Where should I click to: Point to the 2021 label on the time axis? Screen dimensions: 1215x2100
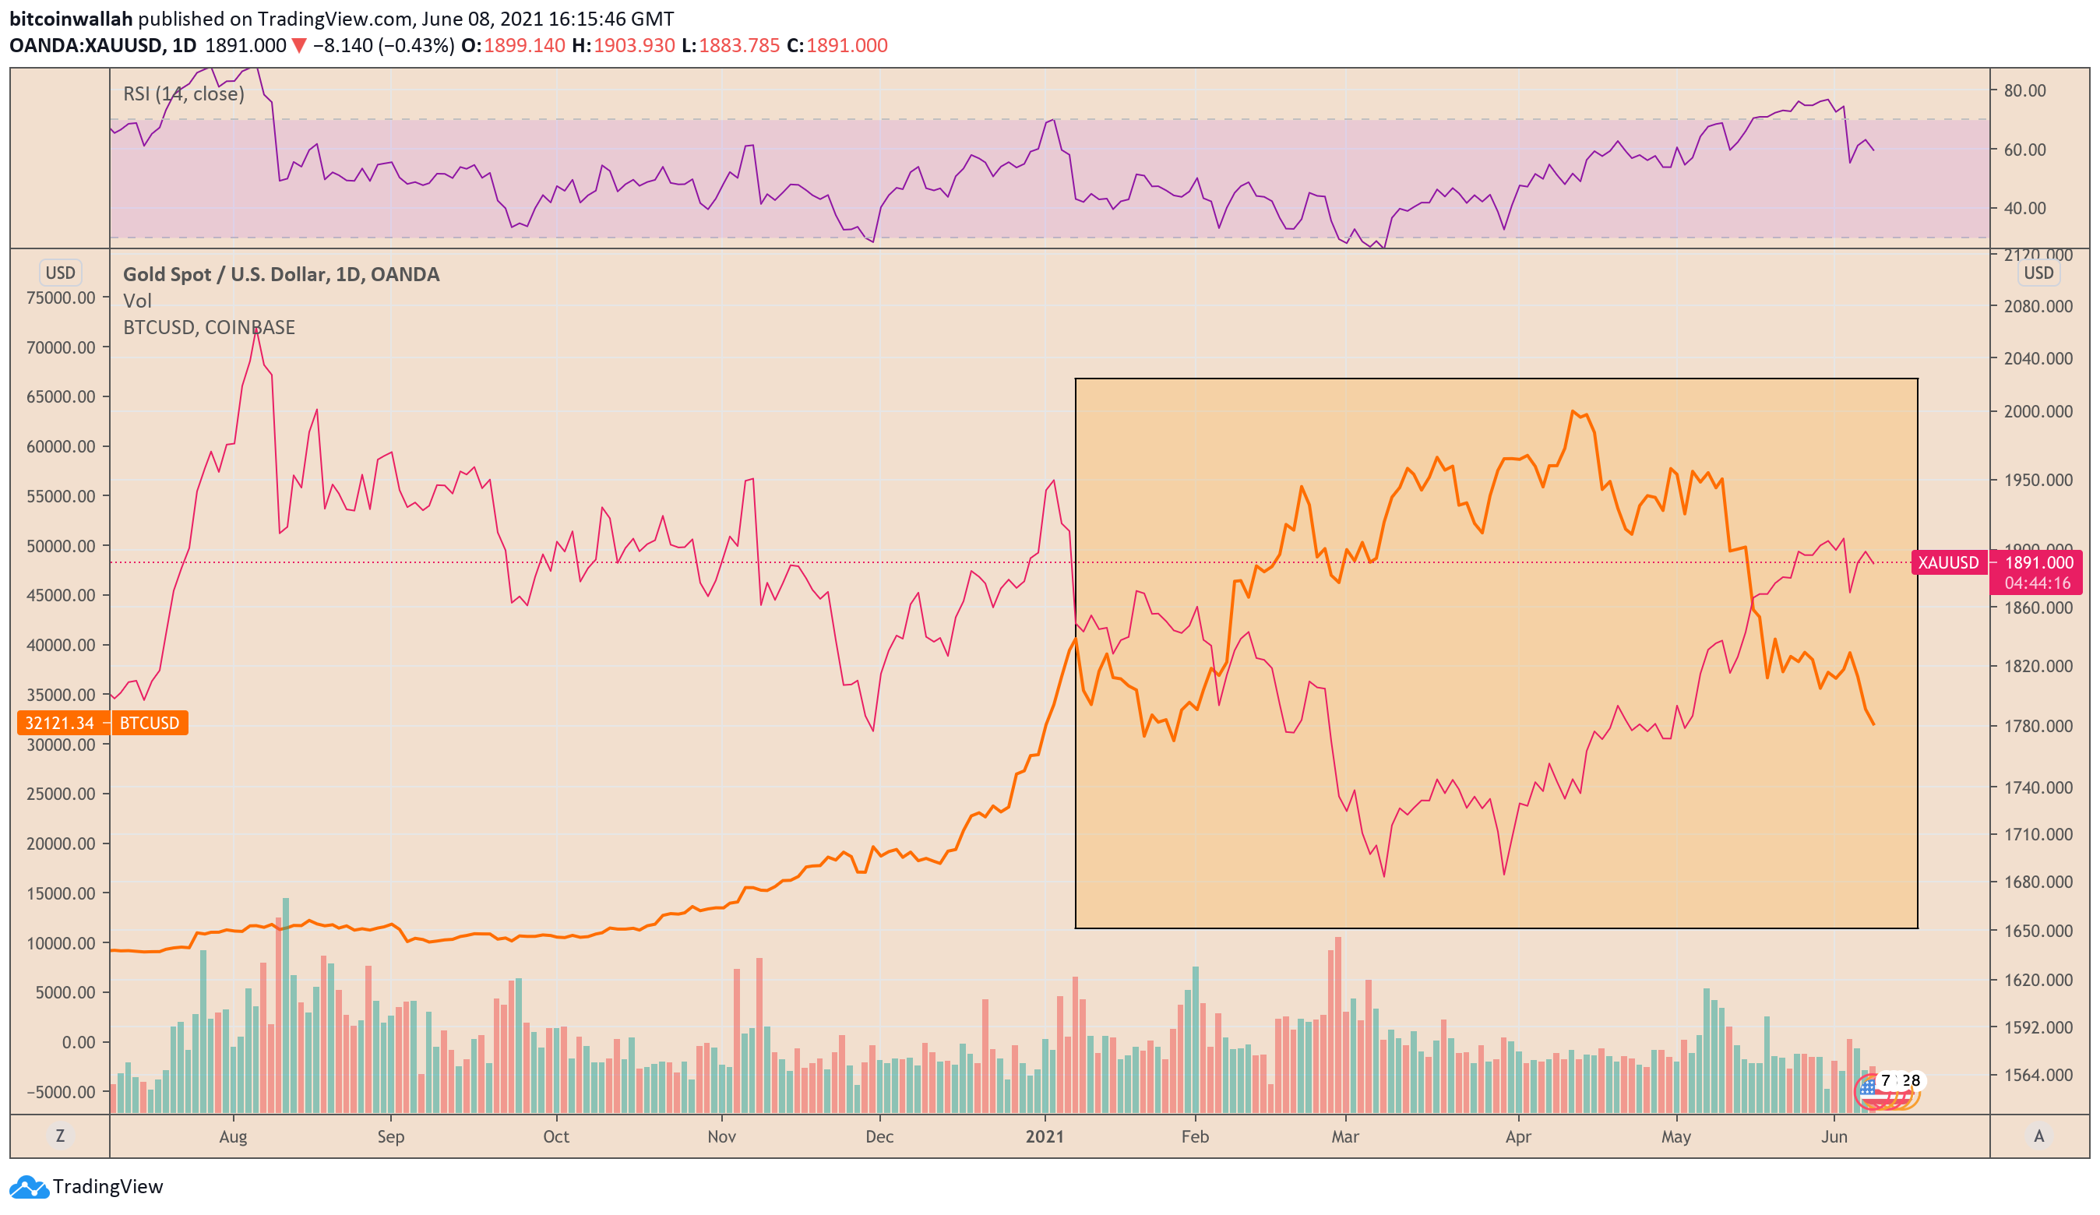point(1045,1136)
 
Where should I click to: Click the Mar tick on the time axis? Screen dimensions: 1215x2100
point(1344,1136)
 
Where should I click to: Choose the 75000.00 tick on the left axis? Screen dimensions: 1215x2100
point(61,298)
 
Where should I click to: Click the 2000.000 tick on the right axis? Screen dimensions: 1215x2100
point(2038,410)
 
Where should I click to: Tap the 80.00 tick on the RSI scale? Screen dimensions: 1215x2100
point(2024,90)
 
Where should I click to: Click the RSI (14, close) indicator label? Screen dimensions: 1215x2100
point(183,93)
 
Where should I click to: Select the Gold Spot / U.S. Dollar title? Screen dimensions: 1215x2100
point(281,274)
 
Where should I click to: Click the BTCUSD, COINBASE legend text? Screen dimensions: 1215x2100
point(208,327)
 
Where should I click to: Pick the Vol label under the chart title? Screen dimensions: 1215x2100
point(138,301)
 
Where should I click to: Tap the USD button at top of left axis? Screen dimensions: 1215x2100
point(60,273)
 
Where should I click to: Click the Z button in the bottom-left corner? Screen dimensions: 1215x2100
point(60,1136)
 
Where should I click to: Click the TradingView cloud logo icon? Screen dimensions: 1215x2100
point(29,1187)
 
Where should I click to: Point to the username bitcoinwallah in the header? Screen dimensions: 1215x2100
point(71,19)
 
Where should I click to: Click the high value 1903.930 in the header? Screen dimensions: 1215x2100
point(633,45)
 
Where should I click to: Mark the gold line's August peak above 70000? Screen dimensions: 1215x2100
point(255,330)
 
